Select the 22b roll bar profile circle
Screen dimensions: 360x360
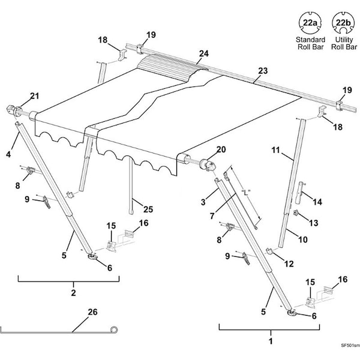343,25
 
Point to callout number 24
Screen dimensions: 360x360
203,53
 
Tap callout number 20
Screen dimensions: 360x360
203,149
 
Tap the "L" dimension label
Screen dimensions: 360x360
244,192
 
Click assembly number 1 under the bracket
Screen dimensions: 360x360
270,340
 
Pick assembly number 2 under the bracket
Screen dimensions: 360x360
73,293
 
